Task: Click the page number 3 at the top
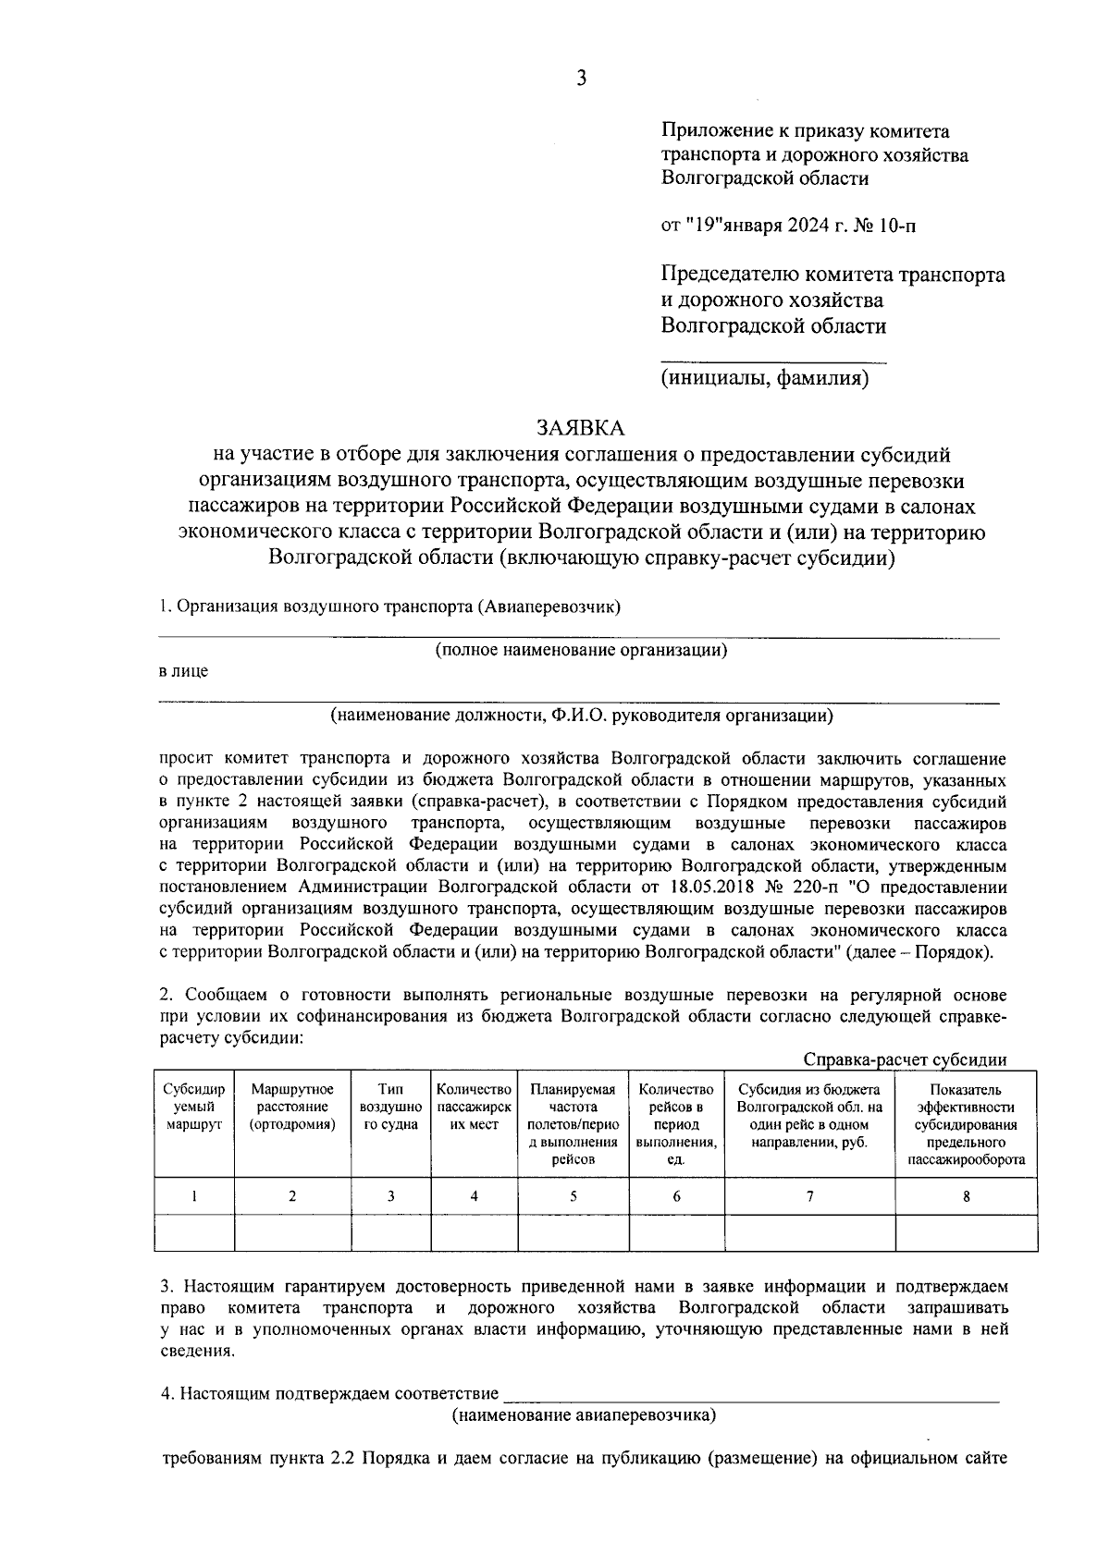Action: pos(581,79)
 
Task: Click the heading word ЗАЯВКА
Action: pos(581,428)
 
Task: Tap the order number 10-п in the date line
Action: pos(897,225)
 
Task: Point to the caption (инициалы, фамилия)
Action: pos(764,378)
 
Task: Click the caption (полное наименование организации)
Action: pos(581,650)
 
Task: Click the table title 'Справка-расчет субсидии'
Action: pos(905,1059)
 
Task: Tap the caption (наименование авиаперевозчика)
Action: pos(584,1415)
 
